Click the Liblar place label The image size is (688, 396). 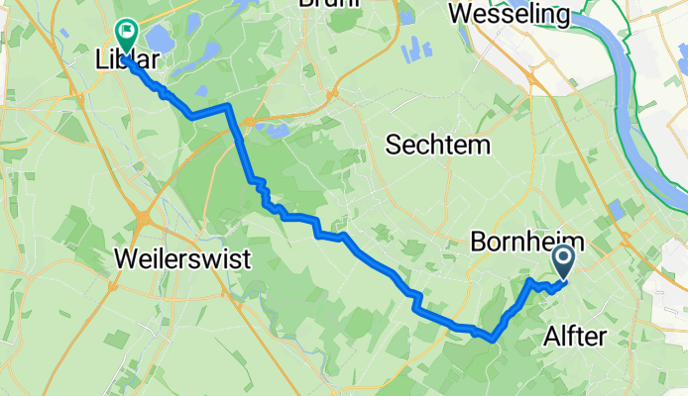point(128,59)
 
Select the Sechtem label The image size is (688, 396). point(438,146)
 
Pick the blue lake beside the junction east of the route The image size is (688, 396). point(279,129)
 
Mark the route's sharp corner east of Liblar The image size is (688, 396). point(229,105)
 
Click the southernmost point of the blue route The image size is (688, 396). point(492,340)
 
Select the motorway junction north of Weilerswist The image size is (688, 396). point(145,216)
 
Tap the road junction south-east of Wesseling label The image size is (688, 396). point(536,84)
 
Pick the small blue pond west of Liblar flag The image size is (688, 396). point(63,32)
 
